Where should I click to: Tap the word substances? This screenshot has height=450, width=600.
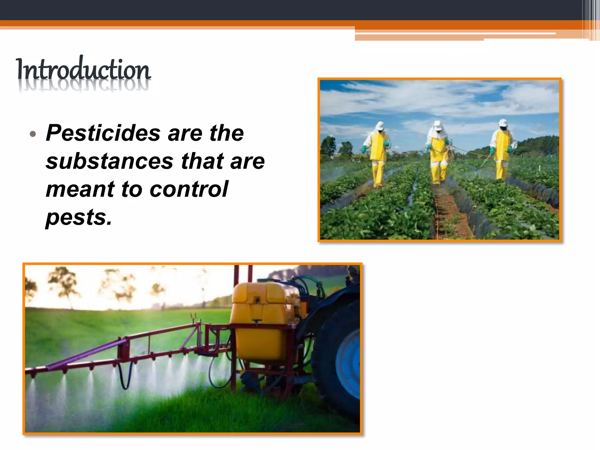point(110,161)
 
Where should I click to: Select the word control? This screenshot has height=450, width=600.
point(189,189)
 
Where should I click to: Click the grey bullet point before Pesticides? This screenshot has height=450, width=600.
point(33,134)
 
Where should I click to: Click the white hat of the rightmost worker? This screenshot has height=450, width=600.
point(503,122)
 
